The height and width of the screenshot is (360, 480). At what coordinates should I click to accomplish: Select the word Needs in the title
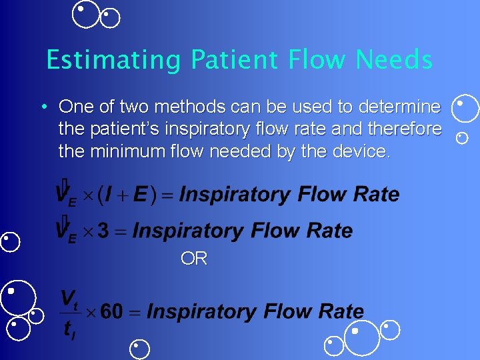point(394,61)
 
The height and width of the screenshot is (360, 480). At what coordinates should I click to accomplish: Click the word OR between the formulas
point(194,259)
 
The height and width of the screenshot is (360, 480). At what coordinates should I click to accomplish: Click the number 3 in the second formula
point(103,231)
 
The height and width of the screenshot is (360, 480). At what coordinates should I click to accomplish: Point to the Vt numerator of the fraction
point(69,298)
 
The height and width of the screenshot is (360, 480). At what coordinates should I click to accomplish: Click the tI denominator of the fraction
point(69,329)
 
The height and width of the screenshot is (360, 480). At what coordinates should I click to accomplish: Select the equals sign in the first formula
point(168,195)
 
